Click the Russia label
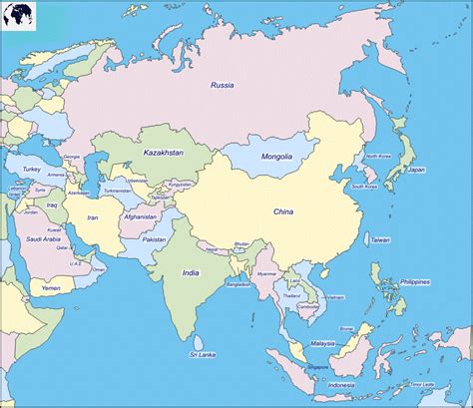(222, 85)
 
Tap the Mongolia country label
(276, 157)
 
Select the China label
(284, 210)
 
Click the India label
(191, 271)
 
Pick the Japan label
(417, 170)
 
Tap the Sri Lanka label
(206, 353)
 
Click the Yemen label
(51, 287)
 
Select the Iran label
(94, 216)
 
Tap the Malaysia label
(322, 343)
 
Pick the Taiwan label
(381, 240)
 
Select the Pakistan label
(155, 239)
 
